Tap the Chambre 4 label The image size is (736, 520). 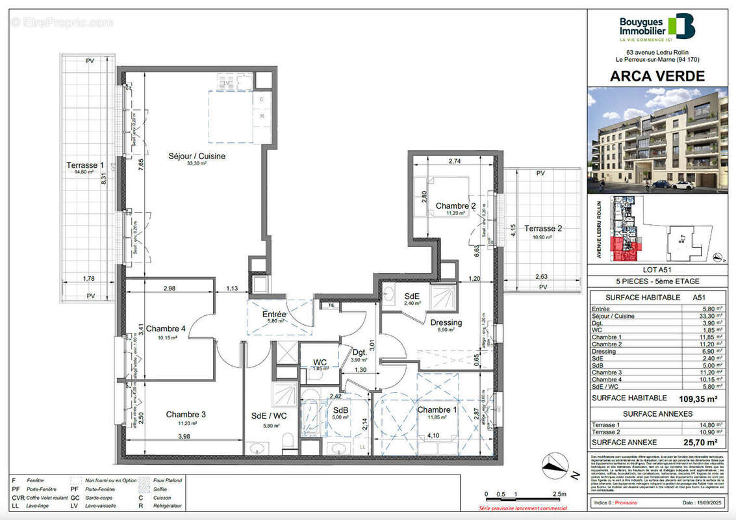pos(166,328)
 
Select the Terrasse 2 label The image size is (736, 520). pos(544,228)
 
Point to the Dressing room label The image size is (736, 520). pos(446,322)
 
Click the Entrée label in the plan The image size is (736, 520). pos(274,314)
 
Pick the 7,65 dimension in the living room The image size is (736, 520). pos(140,165)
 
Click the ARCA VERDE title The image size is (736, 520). pos(657,76)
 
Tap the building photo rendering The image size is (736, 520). pos(657,140)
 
